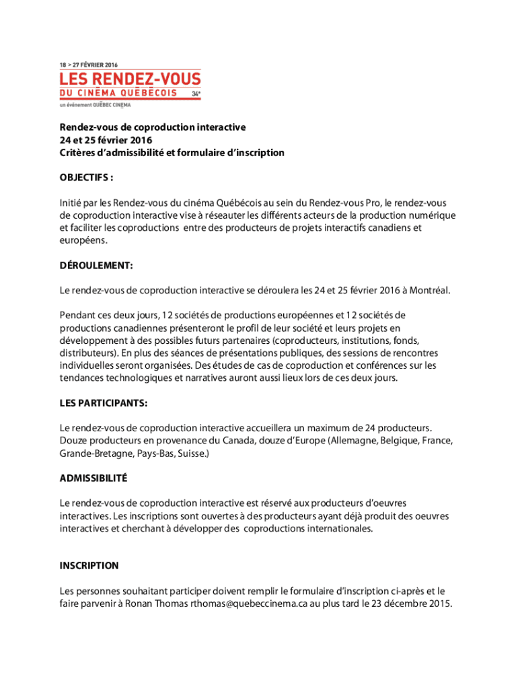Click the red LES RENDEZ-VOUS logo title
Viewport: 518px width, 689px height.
pyautogui.click(x=130, y=79)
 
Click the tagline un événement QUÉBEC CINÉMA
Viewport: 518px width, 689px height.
pyautogui.click(x=95, y=105)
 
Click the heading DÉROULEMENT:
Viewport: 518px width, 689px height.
pyautogui.click(x=96, y=266)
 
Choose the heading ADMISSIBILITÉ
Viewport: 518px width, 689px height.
pyautogui.click(x=94, y=478)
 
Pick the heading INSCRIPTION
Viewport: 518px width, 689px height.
pyautogui.click(x=89, y=566)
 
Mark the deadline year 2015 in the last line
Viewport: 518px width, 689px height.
pyautogui.click(x=438, y=604)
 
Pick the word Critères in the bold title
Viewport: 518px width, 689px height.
pyautogui.click(x=77, y=153)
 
